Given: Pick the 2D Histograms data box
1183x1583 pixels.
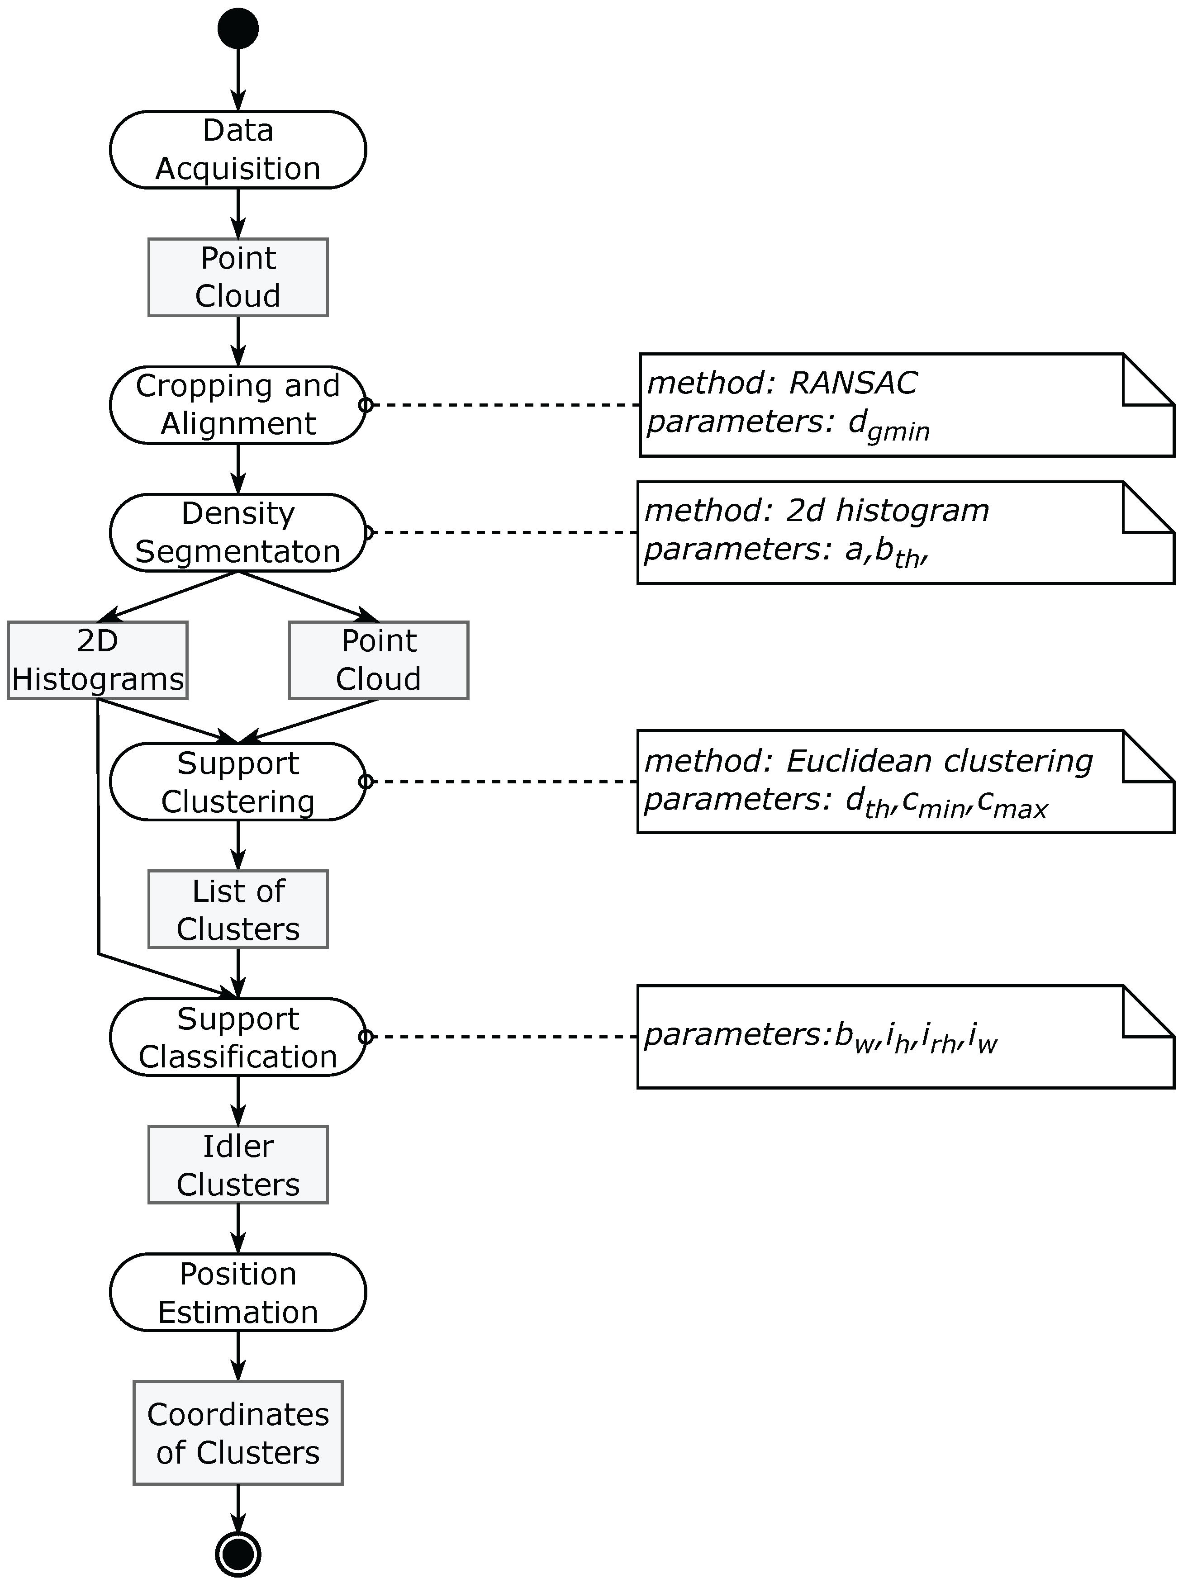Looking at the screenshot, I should point(97,660).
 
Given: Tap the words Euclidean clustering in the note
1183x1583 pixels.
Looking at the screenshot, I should point(939,761).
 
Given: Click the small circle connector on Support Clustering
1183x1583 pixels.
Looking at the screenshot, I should point(365,782).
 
